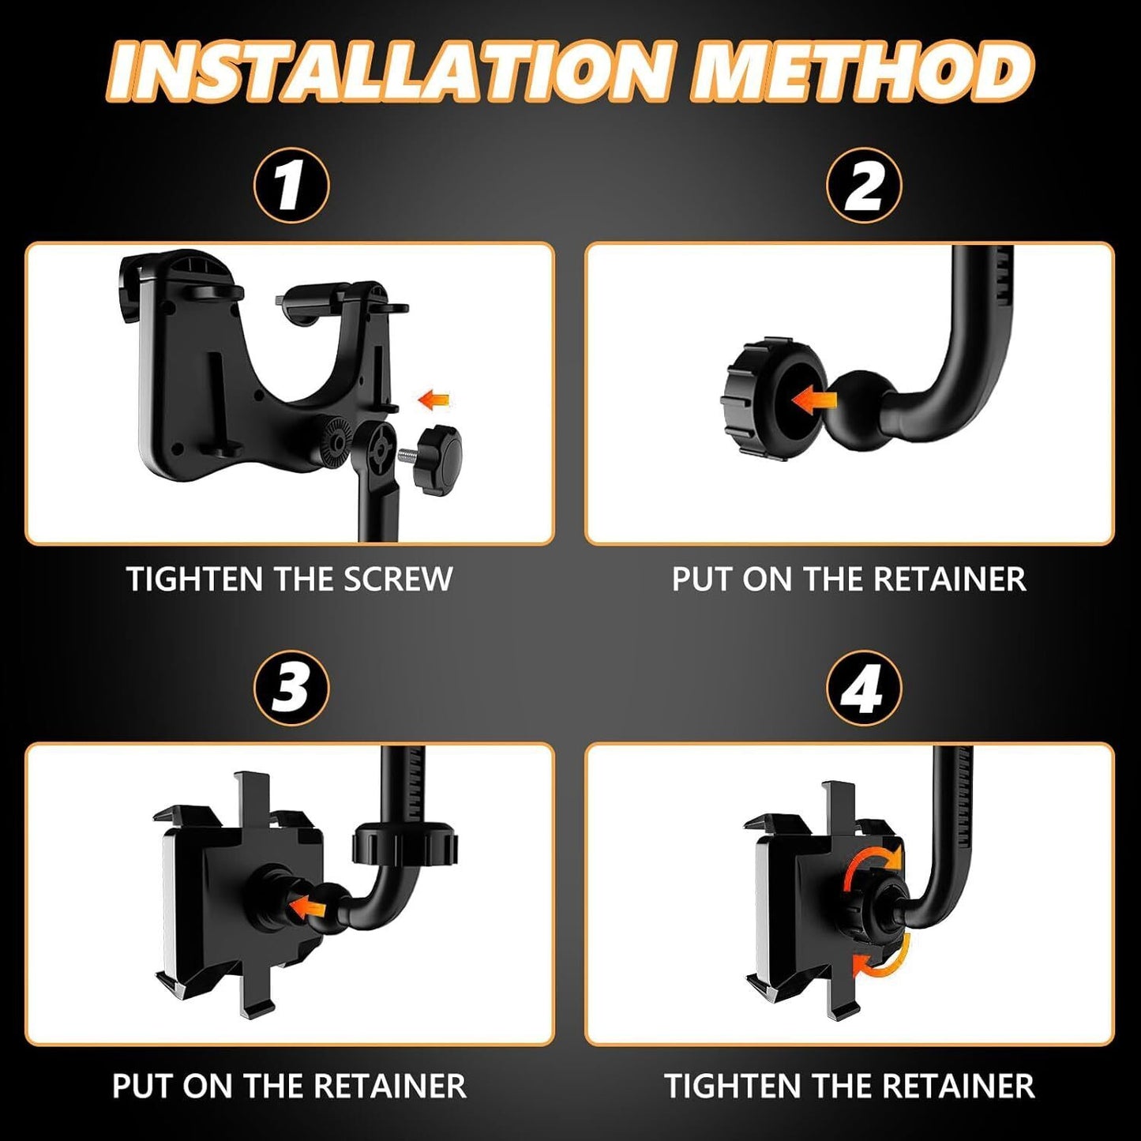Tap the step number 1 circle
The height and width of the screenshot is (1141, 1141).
291,185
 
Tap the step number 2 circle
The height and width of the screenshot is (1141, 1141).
864,185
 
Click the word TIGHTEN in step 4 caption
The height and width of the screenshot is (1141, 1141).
733,1086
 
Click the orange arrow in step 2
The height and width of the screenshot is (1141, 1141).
813,401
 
